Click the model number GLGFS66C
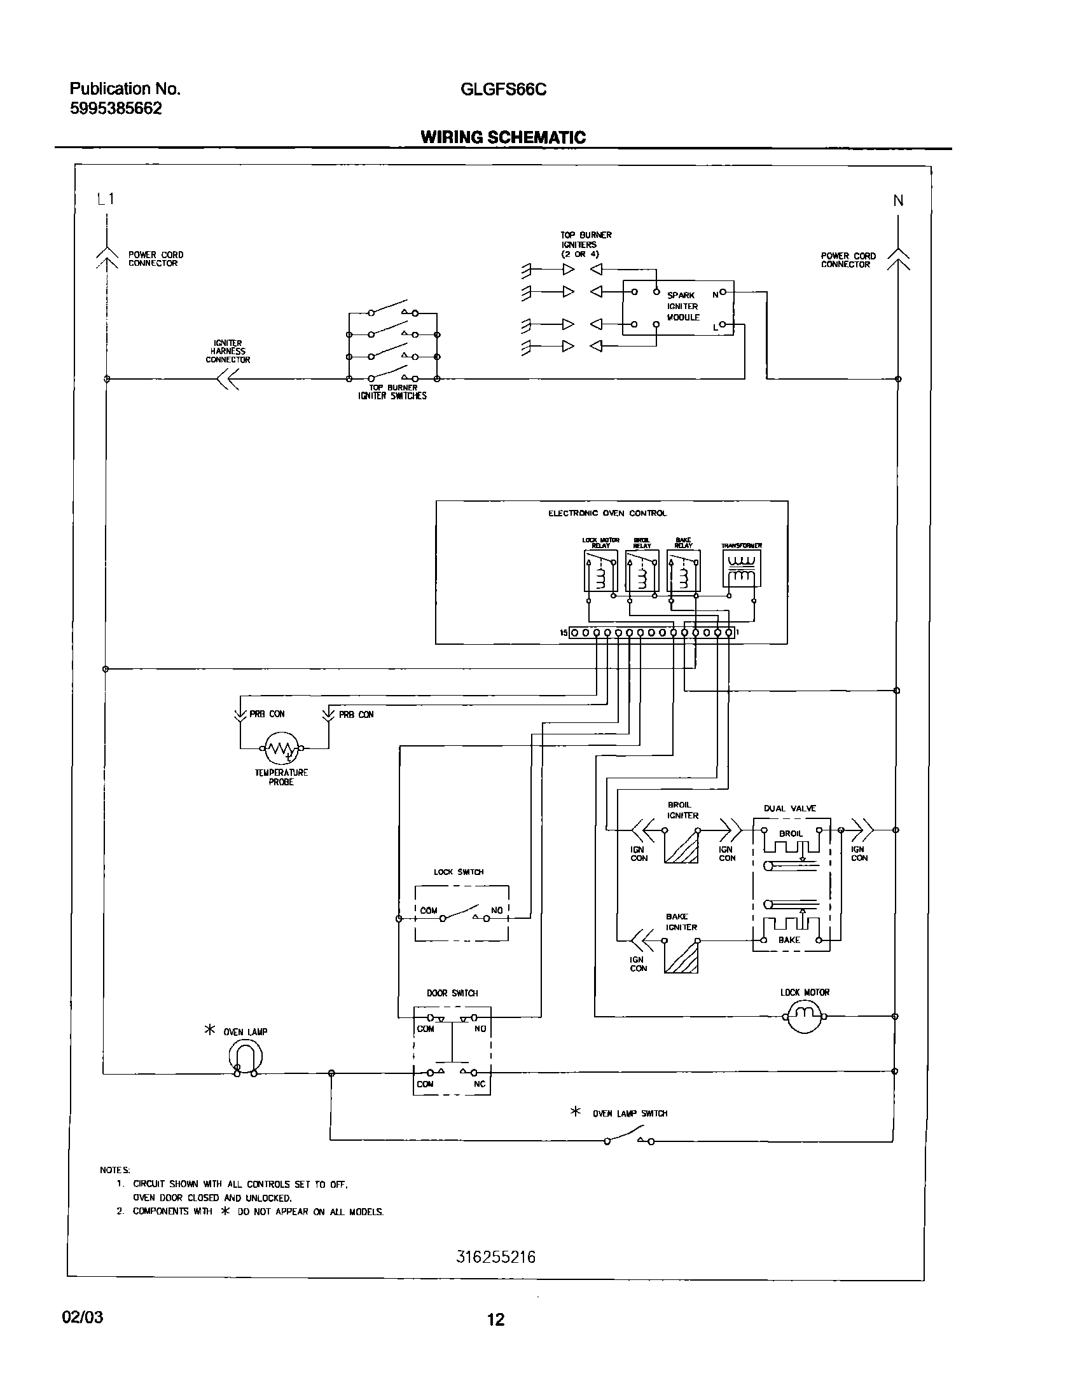(x=503, y=90)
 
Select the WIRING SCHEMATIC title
(x=502, y=137)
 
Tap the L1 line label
(x=106, y=199)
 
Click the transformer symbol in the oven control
(x=741, y=568)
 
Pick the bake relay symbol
(x=683, y=571)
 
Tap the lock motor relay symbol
(x=600, y=571)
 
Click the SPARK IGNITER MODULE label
(x=682, y=306)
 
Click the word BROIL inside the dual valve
(x=790, y=833)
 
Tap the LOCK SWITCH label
(x=459, y=872)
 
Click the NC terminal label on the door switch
(x=480, y=1084)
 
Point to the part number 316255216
(x=496, y=1257)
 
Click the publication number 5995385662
(x=116, y=109)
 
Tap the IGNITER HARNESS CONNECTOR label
(x=228, y=352)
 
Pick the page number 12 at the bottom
(x=495, y=1319)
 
